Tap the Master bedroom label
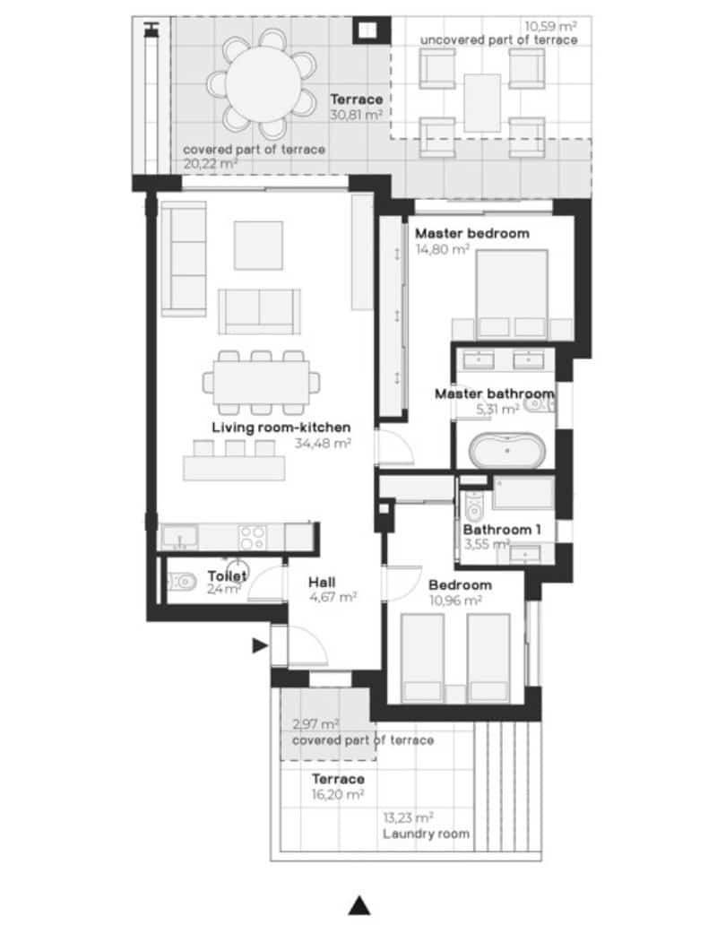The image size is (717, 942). [471, 233]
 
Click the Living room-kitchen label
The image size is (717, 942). [281, 427]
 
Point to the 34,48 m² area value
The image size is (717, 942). [322, 442]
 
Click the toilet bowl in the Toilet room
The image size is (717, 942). [184, 582]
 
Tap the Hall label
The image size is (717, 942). [323, 581]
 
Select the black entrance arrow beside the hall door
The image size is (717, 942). [260, 644]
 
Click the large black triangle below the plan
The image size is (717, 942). [359, 905]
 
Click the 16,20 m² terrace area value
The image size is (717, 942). [338, 794]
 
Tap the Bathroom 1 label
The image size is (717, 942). [502, 529]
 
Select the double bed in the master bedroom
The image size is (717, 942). [511, 291]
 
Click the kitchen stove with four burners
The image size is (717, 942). [252, 537]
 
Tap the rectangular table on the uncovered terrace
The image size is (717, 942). [482, 100]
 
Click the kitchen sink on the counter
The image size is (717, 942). [182, 538]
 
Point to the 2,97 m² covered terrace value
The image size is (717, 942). [315, 724]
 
